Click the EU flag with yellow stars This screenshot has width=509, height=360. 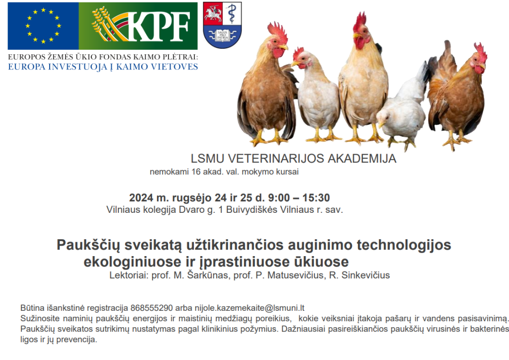43,26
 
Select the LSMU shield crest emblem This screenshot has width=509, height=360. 222,25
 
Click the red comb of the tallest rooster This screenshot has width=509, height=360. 359,21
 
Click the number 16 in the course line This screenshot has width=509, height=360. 196,172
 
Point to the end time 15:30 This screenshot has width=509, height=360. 316,198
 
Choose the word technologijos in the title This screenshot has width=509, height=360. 404,246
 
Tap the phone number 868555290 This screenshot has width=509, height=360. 152,308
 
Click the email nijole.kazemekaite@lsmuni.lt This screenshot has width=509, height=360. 250,308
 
